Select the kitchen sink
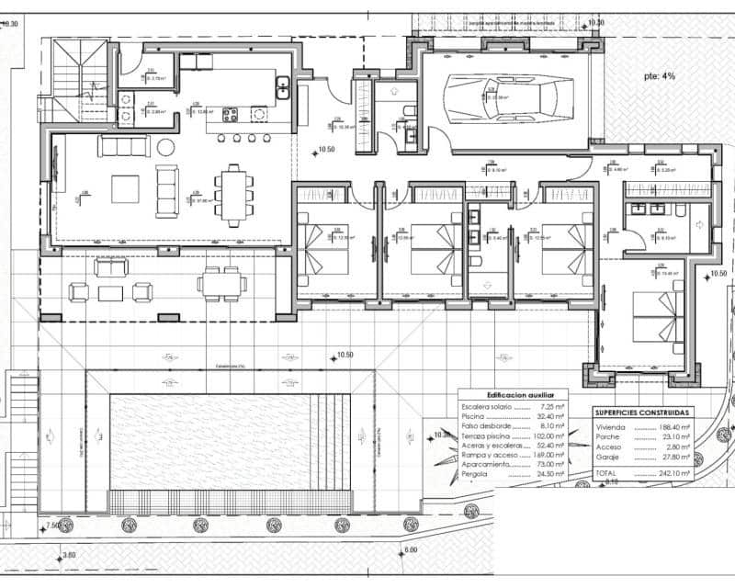[283, 87]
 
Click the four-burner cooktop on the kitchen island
[230, 114]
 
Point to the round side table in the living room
[166, 147]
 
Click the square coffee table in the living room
[126, 188]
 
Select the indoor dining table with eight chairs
[235, 194]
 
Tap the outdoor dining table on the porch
[220, 282]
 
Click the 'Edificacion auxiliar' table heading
[513, 393]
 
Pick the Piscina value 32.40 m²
[549, 416]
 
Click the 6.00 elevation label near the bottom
[410, 550]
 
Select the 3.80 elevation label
[69, 555]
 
